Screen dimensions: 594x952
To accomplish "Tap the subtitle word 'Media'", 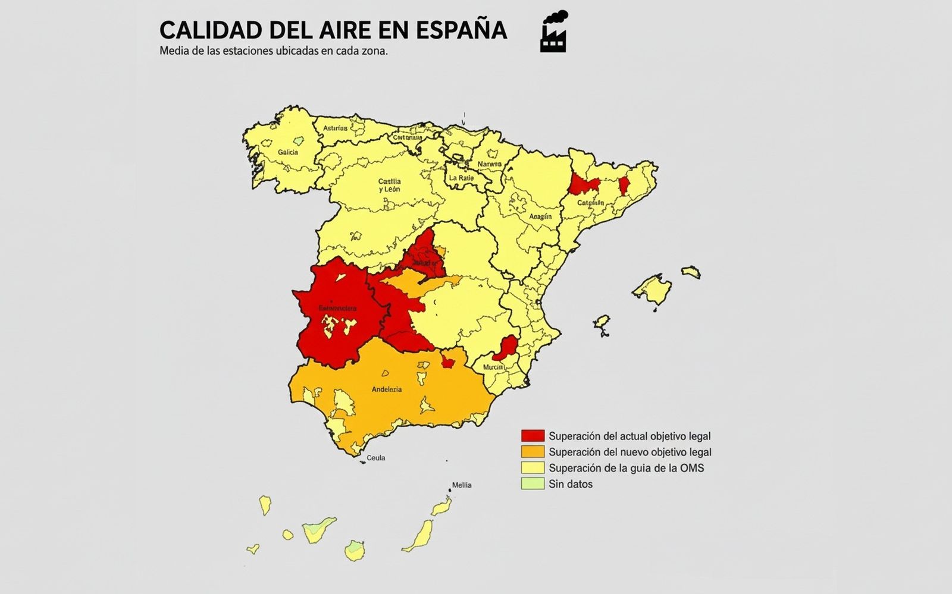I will click(x=174, y=51).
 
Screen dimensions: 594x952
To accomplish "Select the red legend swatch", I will click(x=533, y=436).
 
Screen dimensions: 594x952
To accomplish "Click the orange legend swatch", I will click(x=533, y=452).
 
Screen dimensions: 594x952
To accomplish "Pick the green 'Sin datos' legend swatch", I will click(x=533, y=484).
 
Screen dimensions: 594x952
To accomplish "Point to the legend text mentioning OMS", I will click(x=626, y=468).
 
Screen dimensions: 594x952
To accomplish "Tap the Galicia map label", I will click(x=288, y=152).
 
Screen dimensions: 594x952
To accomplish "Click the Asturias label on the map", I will click(x=336, y=128).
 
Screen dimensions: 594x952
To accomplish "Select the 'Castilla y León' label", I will click(x=390, y=185).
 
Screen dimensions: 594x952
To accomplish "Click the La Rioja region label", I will click(x=461, y=178).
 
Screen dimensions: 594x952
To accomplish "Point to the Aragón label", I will click(x=540, y=216).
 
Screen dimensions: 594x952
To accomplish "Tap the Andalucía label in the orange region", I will click(x=387, y=389).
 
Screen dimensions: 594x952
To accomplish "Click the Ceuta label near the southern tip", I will click(x=376, y=458).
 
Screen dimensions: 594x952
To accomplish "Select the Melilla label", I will click(x=462, y=485).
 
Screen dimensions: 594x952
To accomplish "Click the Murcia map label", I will click(x=493, y=367).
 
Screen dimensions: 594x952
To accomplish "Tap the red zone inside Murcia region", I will click(x=506, y=347).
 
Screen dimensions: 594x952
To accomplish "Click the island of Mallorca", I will click(x=653, y=291).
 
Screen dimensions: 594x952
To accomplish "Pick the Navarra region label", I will click(x=490, y=164).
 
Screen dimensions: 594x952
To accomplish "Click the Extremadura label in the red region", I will click(x=337, y=309).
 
